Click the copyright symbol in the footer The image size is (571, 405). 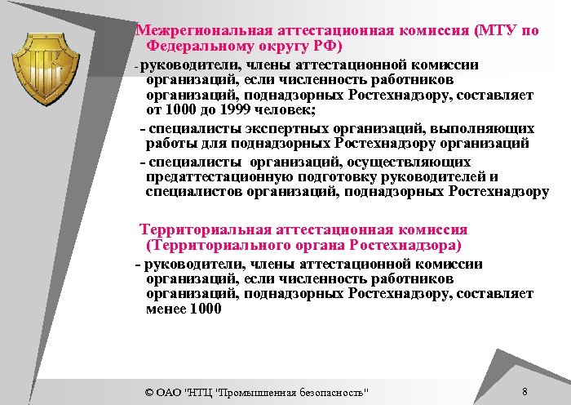coord(148,392)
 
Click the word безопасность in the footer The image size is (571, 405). coord(335,392)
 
